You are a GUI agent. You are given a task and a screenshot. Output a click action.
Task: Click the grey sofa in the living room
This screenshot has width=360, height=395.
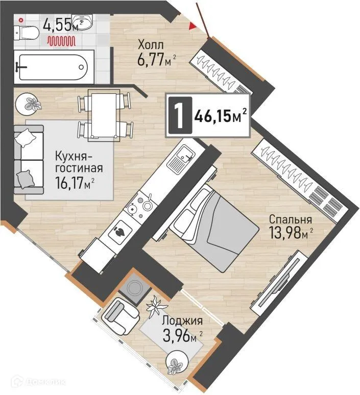click(x=28, y=159)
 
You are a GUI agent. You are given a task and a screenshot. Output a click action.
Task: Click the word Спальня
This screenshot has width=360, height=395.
click(x=291, y=220)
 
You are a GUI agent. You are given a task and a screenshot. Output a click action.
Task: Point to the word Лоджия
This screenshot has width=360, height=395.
click(x=182, y=322)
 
